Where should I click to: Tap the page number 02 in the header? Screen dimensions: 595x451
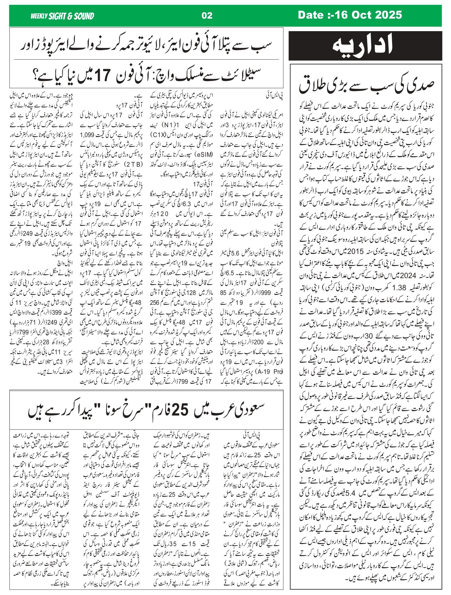pos(207,16)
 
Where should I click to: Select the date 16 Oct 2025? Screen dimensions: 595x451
pos(350,15)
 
